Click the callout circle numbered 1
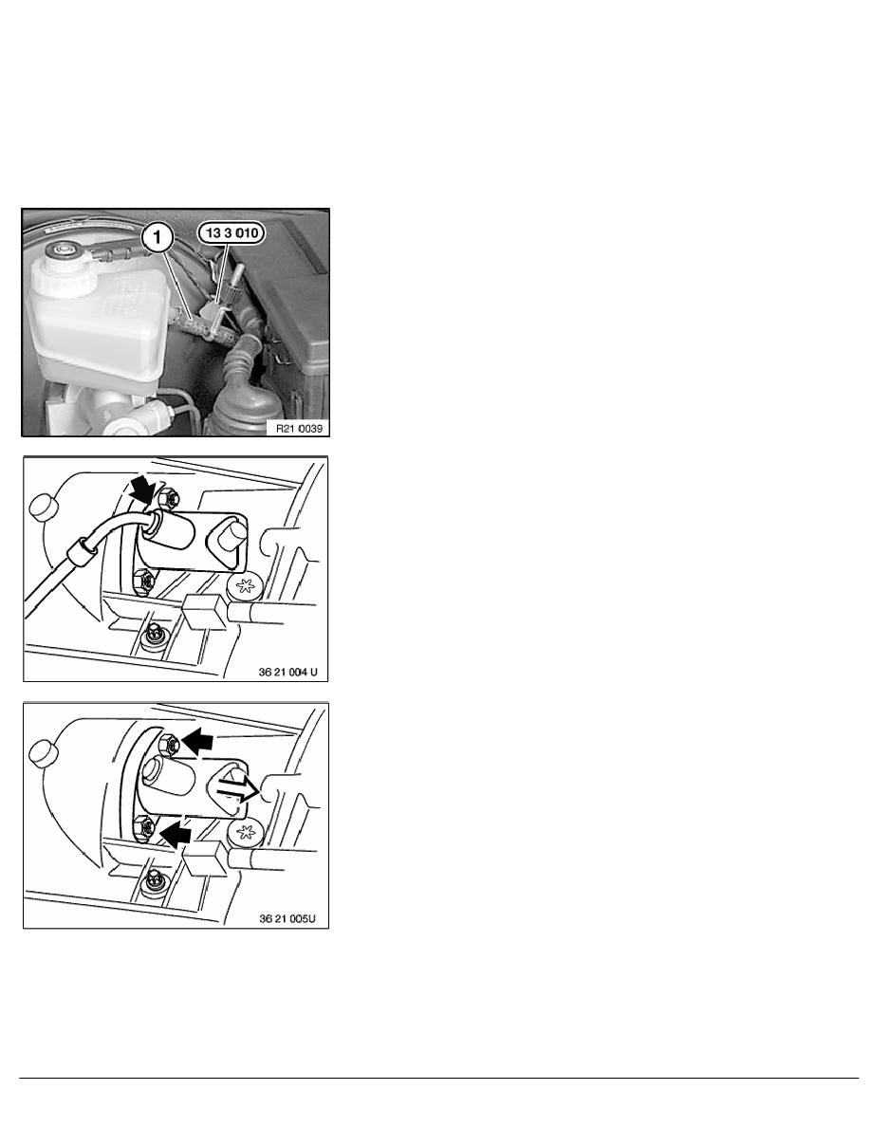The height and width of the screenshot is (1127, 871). [x=158, y=236]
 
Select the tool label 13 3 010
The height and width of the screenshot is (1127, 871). [x=232, y=232]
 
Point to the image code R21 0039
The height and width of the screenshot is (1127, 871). [x=299, y=429]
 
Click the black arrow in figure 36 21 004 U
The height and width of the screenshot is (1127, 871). [x=143, y=490]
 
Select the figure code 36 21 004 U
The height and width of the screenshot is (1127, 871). [x=287, y=672]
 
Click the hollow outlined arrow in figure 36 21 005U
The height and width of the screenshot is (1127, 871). [x=236, y=790]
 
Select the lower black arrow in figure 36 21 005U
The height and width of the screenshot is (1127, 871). [x=176, y=835]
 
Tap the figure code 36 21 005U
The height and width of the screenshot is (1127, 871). [x=287, y=918]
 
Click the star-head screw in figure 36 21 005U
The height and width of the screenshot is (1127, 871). [x=246, y=832]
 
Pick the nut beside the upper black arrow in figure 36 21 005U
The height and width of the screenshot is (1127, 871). [x=168, y=744]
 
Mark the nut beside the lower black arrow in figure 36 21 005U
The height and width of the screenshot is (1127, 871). [x=145, y=829]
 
